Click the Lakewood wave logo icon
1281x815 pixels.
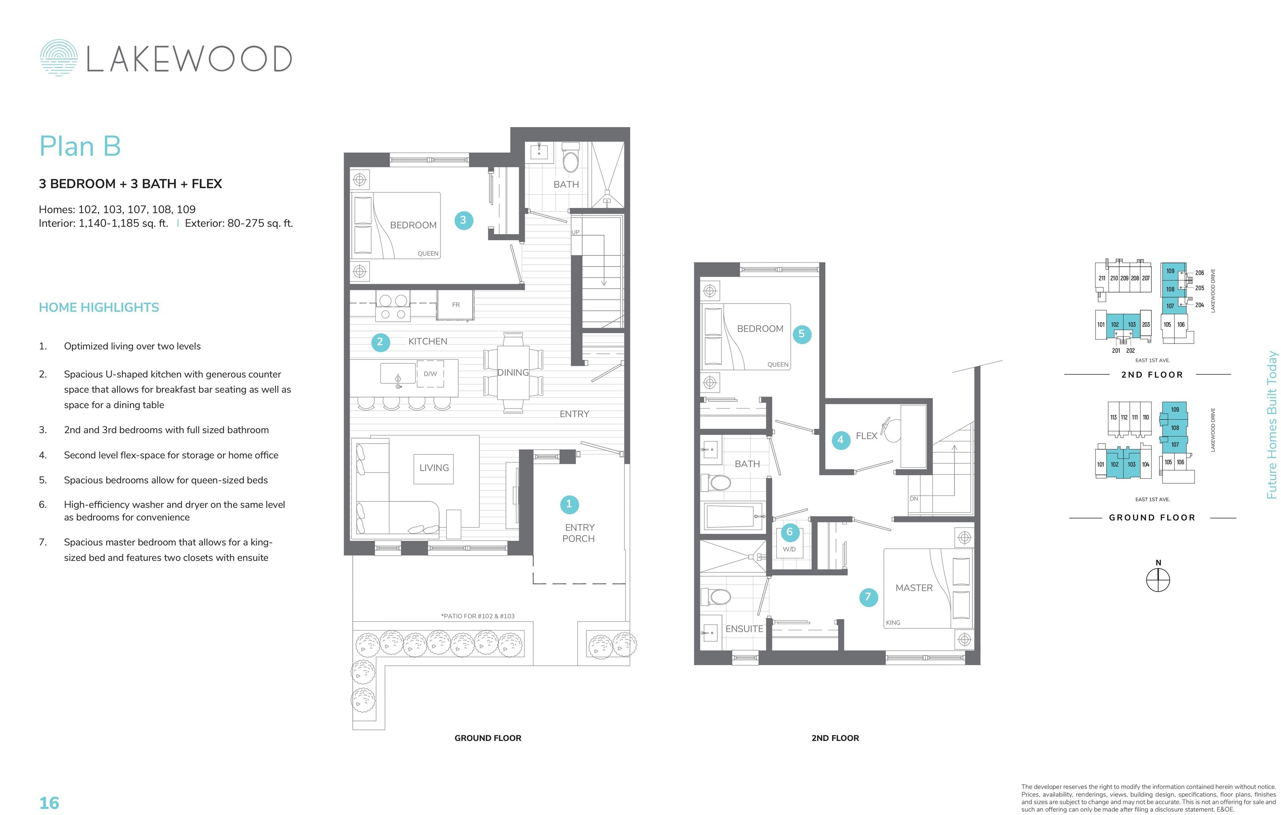tap(59, 57)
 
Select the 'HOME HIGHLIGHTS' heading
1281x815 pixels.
tap(99, 307)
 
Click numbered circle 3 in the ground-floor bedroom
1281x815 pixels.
tap(464, 220)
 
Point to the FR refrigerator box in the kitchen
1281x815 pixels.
tap(455, 305)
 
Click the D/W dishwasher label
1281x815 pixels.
tap(430, 374)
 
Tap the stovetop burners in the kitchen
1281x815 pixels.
tap(393, 307)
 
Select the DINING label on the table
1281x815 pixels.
tap(513, 373)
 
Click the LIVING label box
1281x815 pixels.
tap(434, 468)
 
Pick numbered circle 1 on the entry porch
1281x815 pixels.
tap(569, 504)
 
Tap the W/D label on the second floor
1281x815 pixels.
tap(790, 549)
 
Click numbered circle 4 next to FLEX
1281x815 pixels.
tap(841, 440)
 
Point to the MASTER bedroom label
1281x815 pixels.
tap(914, 587)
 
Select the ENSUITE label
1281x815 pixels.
tap(744, 629)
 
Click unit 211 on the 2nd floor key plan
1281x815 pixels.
tap(1102, 278)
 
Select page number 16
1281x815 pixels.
tap(50, 803)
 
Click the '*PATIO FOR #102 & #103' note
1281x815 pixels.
tap(478, 616)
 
